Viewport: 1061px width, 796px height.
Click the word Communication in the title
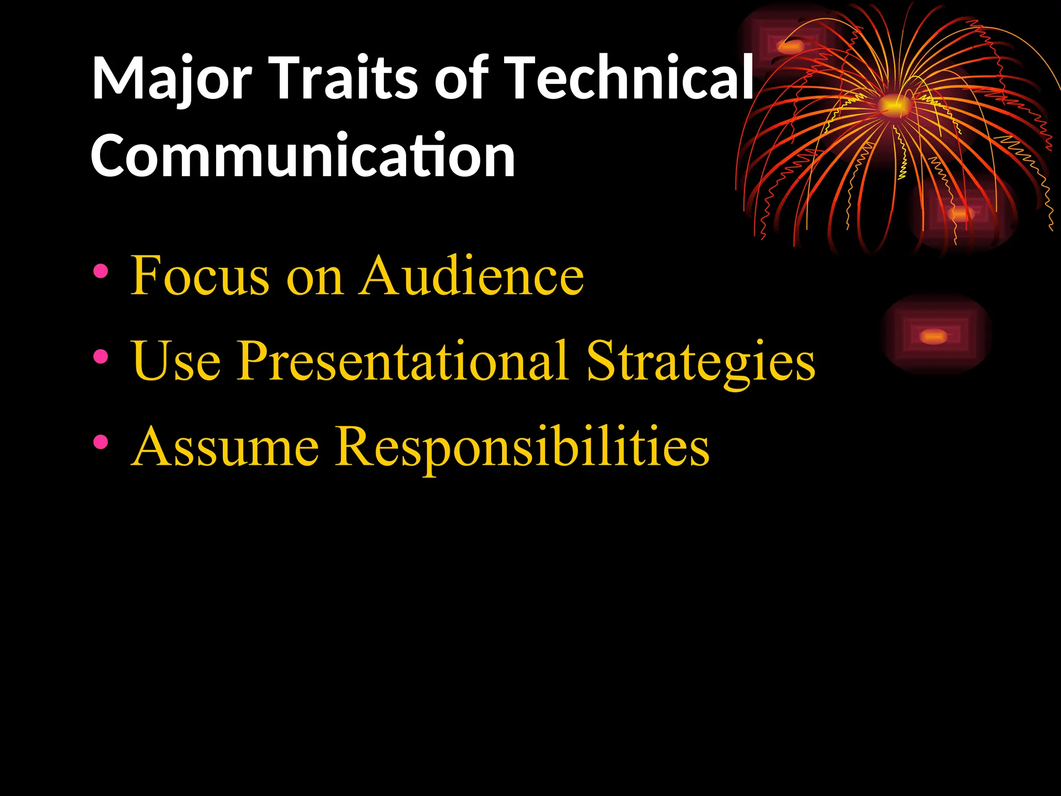(303, 155)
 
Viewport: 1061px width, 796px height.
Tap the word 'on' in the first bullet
(314, 280)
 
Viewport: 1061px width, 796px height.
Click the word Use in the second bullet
(176, 361)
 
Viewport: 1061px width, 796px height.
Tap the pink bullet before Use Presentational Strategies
(101, 357)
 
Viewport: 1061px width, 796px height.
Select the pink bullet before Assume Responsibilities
(101, 442)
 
